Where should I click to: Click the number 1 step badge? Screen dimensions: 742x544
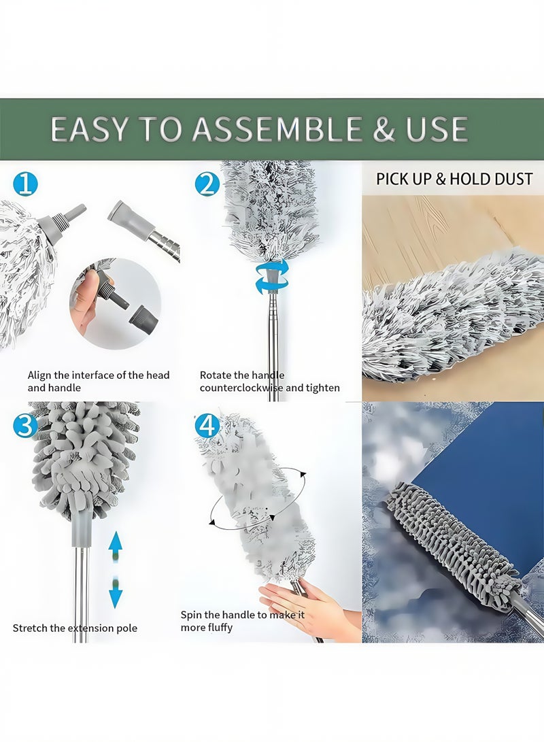click(x=25, y=184)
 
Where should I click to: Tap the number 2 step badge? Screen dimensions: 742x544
click(x=207, y=184)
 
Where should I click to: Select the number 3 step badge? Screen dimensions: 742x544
click(x=25, y=426)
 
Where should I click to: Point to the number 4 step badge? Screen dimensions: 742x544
click(x=207, y=426)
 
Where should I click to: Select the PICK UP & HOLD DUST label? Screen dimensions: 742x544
click(x=454, y=180)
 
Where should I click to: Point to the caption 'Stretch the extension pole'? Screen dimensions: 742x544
click(x=75, y=628)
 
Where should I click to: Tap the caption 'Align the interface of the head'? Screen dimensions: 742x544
click(x=99, y=375)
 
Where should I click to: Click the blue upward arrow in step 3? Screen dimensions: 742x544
click(x=116, y=544)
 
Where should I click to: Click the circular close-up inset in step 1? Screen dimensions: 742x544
click(x=114, y=303)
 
